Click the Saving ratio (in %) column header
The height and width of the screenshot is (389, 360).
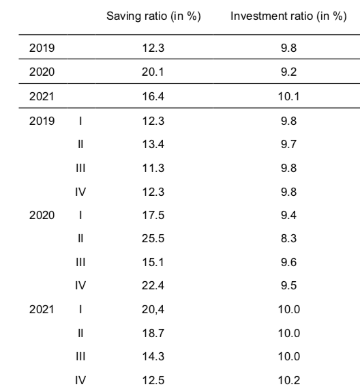click(x=153, y=16)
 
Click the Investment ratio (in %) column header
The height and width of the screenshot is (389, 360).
click(x=288, y=16)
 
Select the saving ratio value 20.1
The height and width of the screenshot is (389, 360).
click(x=153, y=72)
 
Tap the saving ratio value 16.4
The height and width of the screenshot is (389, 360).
click(x=153, y=96)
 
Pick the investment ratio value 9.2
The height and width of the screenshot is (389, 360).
click(x=288, y=72)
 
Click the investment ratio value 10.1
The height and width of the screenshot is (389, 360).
click(x=289, y=96)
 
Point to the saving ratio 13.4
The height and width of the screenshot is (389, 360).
click(x=153, y=144)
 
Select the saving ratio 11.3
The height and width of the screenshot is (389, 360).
click(x=153, y=168)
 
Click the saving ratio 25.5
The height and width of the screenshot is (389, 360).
click(x=153, y=238)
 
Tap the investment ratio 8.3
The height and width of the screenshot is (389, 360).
click(x=288, y=238)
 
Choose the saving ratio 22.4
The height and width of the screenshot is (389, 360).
click(x=153, y=285)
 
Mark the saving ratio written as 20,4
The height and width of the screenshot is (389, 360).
click(x=153, y=310)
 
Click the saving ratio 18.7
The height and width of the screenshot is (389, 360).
click(x=153, y=333)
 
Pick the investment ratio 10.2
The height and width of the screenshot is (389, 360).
click(x=289, y=380)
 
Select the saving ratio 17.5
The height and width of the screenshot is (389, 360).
click(x=153, y=215)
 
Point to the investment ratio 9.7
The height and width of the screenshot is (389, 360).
click(x=288, y=144)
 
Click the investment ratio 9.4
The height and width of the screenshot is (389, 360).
click(x=288, y=215)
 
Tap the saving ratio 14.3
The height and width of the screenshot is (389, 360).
click(x=153, y=356)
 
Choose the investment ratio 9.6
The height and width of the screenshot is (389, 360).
click(x=288, y=262)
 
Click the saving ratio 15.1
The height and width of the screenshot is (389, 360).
click(x=153, y=262)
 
